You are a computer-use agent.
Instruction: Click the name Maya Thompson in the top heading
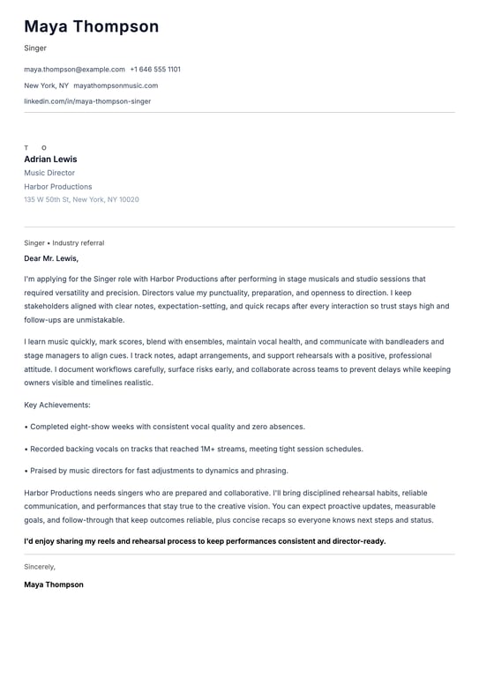(91, 27)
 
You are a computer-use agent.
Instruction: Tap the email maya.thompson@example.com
(74, 70)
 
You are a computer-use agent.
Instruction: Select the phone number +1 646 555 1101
(155, 70)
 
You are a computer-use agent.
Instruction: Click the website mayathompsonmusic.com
(116, 86)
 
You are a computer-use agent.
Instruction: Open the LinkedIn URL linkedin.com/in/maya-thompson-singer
(87, 101)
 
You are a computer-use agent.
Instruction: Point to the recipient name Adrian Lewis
(50, 160)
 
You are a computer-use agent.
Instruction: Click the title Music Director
(49, 174)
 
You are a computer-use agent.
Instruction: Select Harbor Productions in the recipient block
(57, 187)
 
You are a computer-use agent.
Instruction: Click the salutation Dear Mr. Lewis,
(51, 259)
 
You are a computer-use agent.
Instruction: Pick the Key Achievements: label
(57, 405)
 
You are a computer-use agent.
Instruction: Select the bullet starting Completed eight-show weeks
(164, 427)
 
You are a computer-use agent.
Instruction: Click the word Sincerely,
(40, 567)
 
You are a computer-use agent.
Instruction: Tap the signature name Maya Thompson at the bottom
(54, 584)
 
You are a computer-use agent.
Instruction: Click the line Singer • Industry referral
(64, 243)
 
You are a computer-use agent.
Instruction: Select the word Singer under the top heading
(35, 48)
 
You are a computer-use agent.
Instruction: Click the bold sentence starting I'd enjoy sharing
(205, 541)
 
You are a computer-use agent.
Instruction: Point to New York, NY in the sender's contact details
(46, 86)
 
